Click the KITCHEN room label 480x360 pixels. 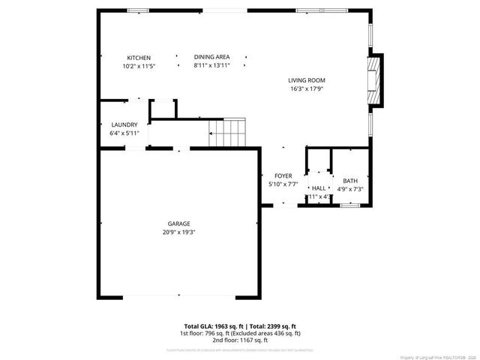point(139,58)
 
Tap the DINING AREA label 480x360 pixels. point(211,57)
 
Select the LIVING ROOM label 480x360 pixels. point(307,80)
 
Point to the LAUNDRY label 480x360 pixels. point(124,124)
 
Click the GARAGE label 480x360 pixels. point(178,223)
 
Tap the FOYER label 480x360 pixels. point(283,175)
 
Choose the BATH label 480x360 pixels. point(350,181)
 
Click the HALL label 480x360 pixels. point(319,188)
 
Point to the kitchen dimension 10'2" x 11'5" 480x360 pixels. point(139,66)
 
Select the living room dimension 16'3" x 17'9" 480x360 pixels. point(307,88)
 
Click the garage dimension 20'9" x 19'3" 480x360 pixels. point(178,232)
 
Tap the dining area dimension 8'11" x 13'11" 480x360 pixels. point(211,65)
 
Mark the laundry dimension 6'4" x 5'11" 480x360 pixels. point(124,133)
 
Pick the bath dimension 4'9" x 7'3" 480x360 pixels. point(350,189)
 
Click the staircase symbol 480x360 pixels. point(226,132)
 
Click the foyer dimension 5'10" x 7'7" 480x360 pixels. point(283,184)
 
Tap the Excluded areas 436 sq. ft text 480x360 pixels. point(267,333)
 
